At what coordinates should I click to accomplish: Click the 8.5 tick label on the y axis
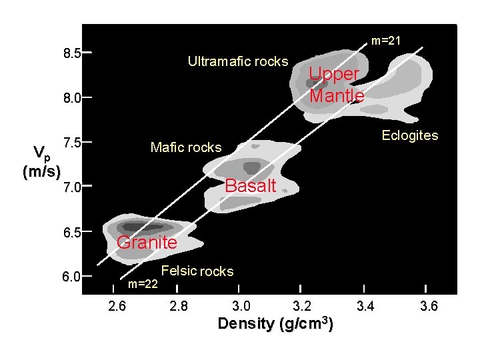71,53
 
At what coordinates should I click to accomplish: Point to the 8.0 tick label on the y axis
71,98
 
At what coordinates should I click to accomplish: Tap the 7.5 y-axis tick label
71,143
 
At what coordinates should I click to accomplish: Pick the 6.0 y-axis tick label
71,277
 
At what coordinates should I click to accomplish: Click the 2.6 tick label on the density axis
116,307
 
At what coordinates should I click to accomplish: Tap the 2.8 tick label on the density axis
179,307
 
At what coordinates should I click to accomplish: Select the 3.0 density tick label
241,307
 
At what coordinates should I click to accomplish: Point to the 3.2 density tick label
302,307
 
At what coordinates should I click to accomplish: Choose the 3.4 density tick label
365,307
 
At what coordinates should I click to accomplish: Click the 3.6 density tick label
429,307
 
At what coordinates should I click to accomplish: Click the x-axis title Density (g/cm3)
276,324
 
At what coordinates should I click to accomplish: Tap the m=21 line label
386,41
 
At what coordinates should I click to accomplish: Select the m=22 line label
143,285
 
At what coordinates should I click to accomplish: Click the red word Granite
147,243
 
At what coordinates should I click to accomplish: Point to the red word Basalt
251,187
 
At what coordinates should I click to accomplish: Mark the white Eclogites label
409,136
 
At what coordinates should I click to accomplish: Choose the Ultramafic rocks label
238,62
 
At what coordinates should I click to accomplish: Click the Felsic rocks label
197,271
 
